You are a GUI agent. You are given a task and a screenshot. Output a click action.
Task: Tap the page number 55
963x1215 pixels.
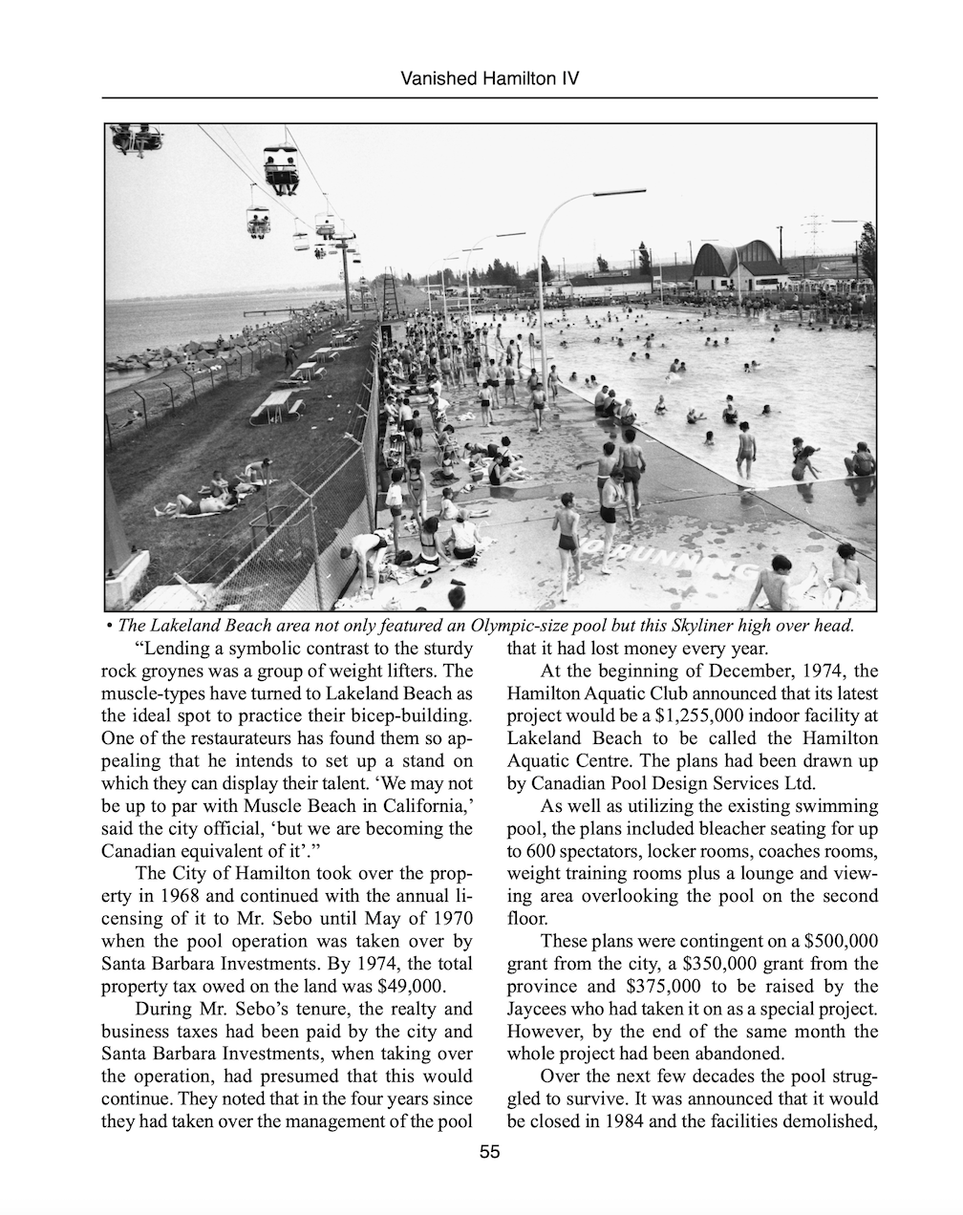click(x=489, y=1153)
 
